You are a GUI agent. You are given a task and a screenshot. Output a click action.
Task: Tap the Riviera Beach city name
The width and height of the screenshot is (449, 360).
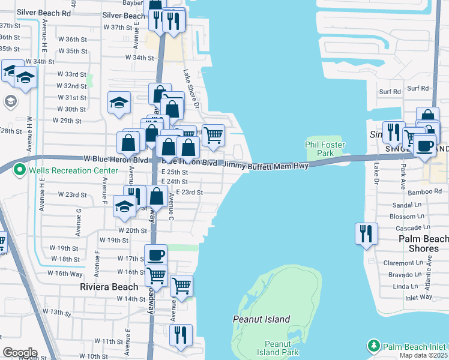pos(109,287)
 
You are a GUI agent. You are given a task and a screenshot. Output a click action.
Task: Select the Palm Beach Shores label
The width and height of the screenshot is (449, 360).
pos(423,244)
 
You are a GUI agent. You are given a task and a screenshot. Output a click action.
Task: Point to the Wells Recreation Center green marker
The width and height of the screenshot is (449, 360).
pos(20,170)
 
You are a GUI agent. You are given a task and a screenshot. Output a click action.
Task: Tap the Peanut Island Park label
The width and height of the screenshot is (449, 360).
pos(277,348)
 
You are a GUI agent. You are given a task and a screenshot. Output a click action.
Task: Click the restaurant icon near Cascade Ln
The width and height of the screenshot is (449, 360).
pos(366,233)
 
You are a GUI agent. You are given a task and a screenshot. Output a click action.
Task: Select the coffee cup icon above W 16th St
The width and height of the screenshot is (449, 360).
pos(156,255)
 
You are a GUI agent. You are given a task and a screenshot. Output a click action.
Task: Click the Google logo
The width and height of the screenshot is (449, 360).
pos(19,352)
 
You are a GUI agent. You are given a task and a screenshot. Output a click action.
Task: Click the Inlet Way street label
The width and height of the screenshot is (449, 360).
pos(403,297)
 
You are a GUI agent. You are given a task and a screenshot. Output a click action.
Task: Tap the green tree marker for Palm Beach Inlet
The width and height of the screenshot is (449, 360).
pos(374,346)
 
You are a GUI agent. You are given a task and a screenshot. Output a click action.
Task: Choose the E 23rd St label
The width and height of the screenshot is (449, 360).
pos(189,192)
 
